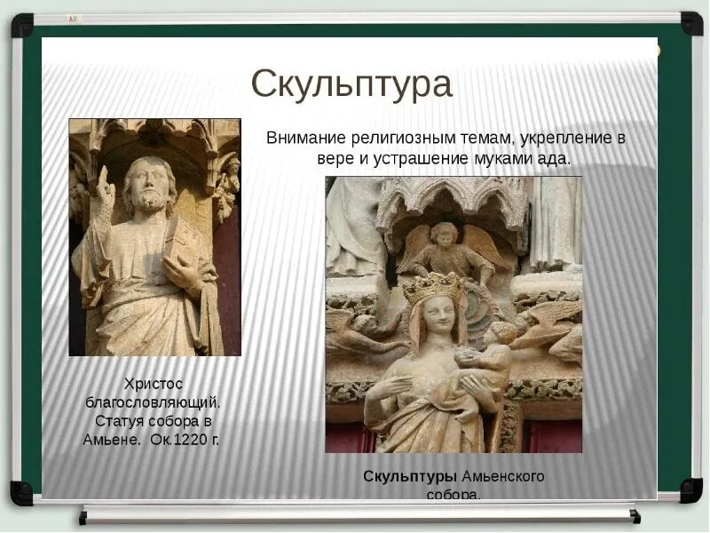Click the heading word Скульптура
point(351,84)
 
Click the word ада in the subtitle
point(557,159)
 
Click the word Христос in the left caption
point(154,384)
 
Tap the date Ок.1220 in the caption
point(178,440)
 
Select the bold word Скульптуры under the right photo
point(398,477)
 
